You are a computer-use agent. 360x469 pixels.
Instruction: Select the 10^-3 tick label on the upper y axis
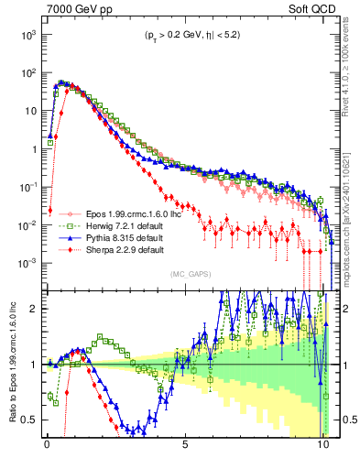click(x=27, y=263)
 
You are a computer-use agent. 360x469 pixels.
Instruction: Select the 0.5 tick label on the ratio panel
click(x=29, y=420)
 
